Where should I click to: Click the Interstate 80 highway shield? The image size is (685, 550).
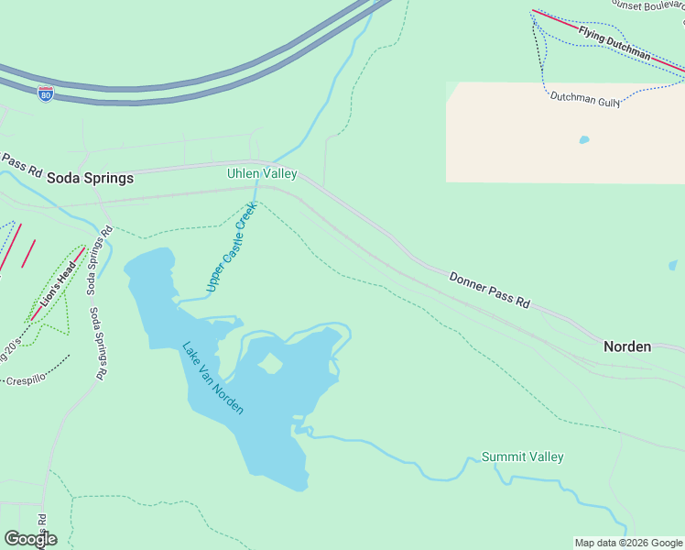pyautogui.click(x=45, y=93)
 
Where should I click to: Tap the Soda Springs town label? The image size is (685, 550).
pyautogui.click(x=90, y=178)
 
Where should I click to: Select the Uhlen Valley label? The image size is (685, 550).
pyautogui.click(x=262, y=173)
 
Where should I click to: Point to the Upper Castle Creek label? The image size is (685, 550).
pyautogui.click(x=233, y=248)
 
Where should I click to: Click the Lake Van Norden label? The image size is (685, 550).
pyautogui.click(x=212, y=378)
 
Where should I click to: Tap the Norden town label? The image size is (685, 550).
pyautogui.click(x=627, y=346)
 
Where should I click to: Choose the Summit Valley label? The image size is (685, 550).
pyautogui.click(x=523, y=456)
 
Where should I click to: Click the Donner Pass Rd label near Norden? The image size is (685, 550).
pyautogui.click(x=489, y=289)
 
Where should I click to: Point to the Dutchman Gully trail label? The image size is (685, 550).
pyautogui.click(x=585, y=99)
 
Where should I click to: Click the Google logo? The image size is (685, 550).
pyautogui.click(x=30, y=539)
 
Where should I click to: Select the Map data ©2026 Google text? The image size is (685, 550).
pyautogui.click(x=627, y=543)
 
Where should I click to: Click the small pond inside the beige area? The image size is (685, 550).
pyautogui.click(x=583, y=140)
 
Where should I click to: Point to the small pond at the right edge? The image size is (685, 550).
pyautogui.click(x=673, y=266)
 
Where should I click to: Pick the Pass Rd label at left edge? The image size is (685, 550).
pyautogui.click(x=21, y=165)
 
